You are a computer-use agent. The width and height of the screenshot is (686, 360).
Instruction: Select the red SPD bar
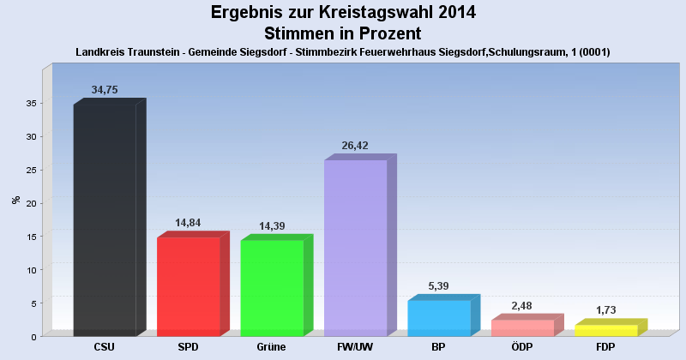click(189, 286)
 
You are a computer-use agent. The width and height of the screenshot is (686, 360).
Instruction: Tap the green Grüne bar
click(272, 288)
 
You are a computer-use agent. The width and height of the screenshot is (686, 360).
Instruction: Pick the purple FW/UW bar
click(355, 248)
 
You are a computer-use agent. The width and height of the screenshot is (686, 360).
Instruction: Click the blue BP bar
click(439, 318)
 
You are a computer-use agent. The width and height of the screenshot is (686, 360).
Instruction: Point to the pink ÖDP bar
click(522, 327)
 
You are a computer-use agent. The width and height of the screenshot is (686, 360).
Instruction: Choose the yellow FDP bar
click(606, 330)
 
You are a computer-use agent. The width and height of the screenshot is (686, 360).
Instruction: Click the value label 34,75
click(105, 90)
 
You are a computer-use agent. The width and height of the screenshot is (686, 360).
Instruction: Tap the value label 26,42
click(355, 146)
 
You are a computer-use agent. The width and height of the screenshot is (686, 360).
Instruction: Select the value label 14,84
click(189, 223)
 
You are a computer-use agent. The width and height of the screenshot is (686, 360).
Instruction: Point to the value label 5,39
click(439, 285)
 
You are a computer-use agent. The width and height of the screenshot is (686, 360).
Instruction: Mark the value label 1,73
click(606, 309)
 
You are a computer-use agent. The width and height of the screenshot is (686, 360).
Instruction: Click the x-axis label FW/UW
click(355, 347)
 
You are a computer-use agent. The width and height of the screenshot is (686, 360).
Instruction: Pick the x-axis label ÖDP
click(522, 347)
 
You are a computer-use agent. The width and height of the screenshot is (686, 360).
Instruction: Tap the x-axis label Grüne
click(272, 347)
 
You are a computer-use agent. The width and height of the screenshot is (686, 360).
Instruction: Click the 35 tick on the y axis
click(30, 104)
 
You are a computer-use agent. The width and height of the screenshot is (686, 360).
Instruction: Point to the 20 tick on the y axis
click(30, 203)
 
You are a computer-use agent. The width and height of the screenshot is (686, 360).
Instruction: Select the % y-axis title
click(15, 200)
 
